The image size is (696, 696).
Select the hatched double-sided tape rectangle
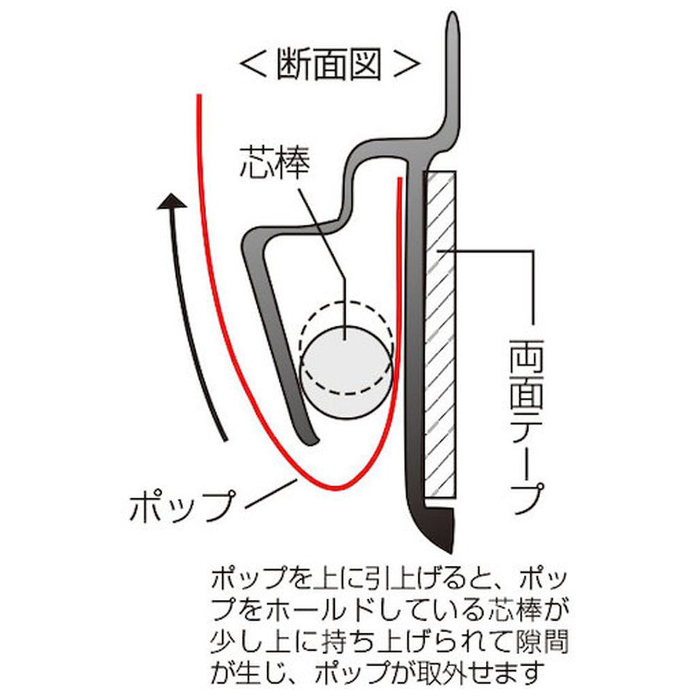(440, 334)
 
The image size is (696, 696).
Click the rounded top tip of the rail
(454, 21)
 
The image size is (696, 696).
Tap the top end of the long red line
(199, 97)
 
